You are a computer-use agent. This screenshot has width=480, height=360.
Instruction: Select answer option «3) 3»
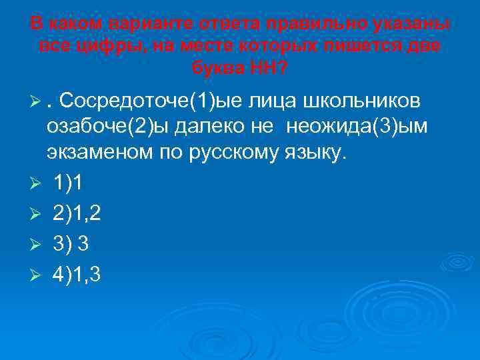73,243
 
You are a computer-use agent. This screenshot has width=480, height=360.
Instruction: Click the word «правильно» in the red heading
301,24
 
